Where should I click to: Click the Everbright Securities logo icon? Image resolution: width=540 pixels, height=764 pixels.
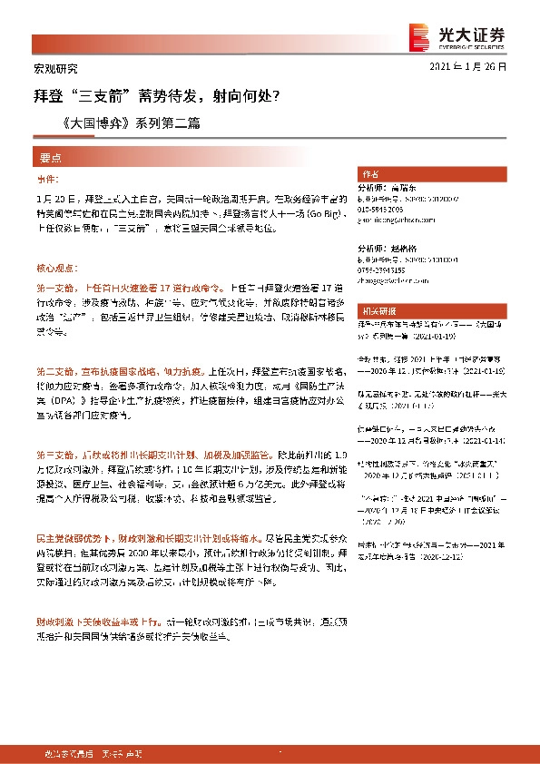click(420, 34)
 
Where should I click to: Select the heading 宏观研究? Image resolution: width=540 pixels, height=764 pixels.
click(49, 68)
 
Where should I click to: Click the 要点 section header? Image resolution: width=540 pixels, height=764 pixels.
click(50, 156)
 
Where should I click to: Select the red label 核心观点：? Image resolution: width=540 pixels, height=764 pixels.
click(55, 269)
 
